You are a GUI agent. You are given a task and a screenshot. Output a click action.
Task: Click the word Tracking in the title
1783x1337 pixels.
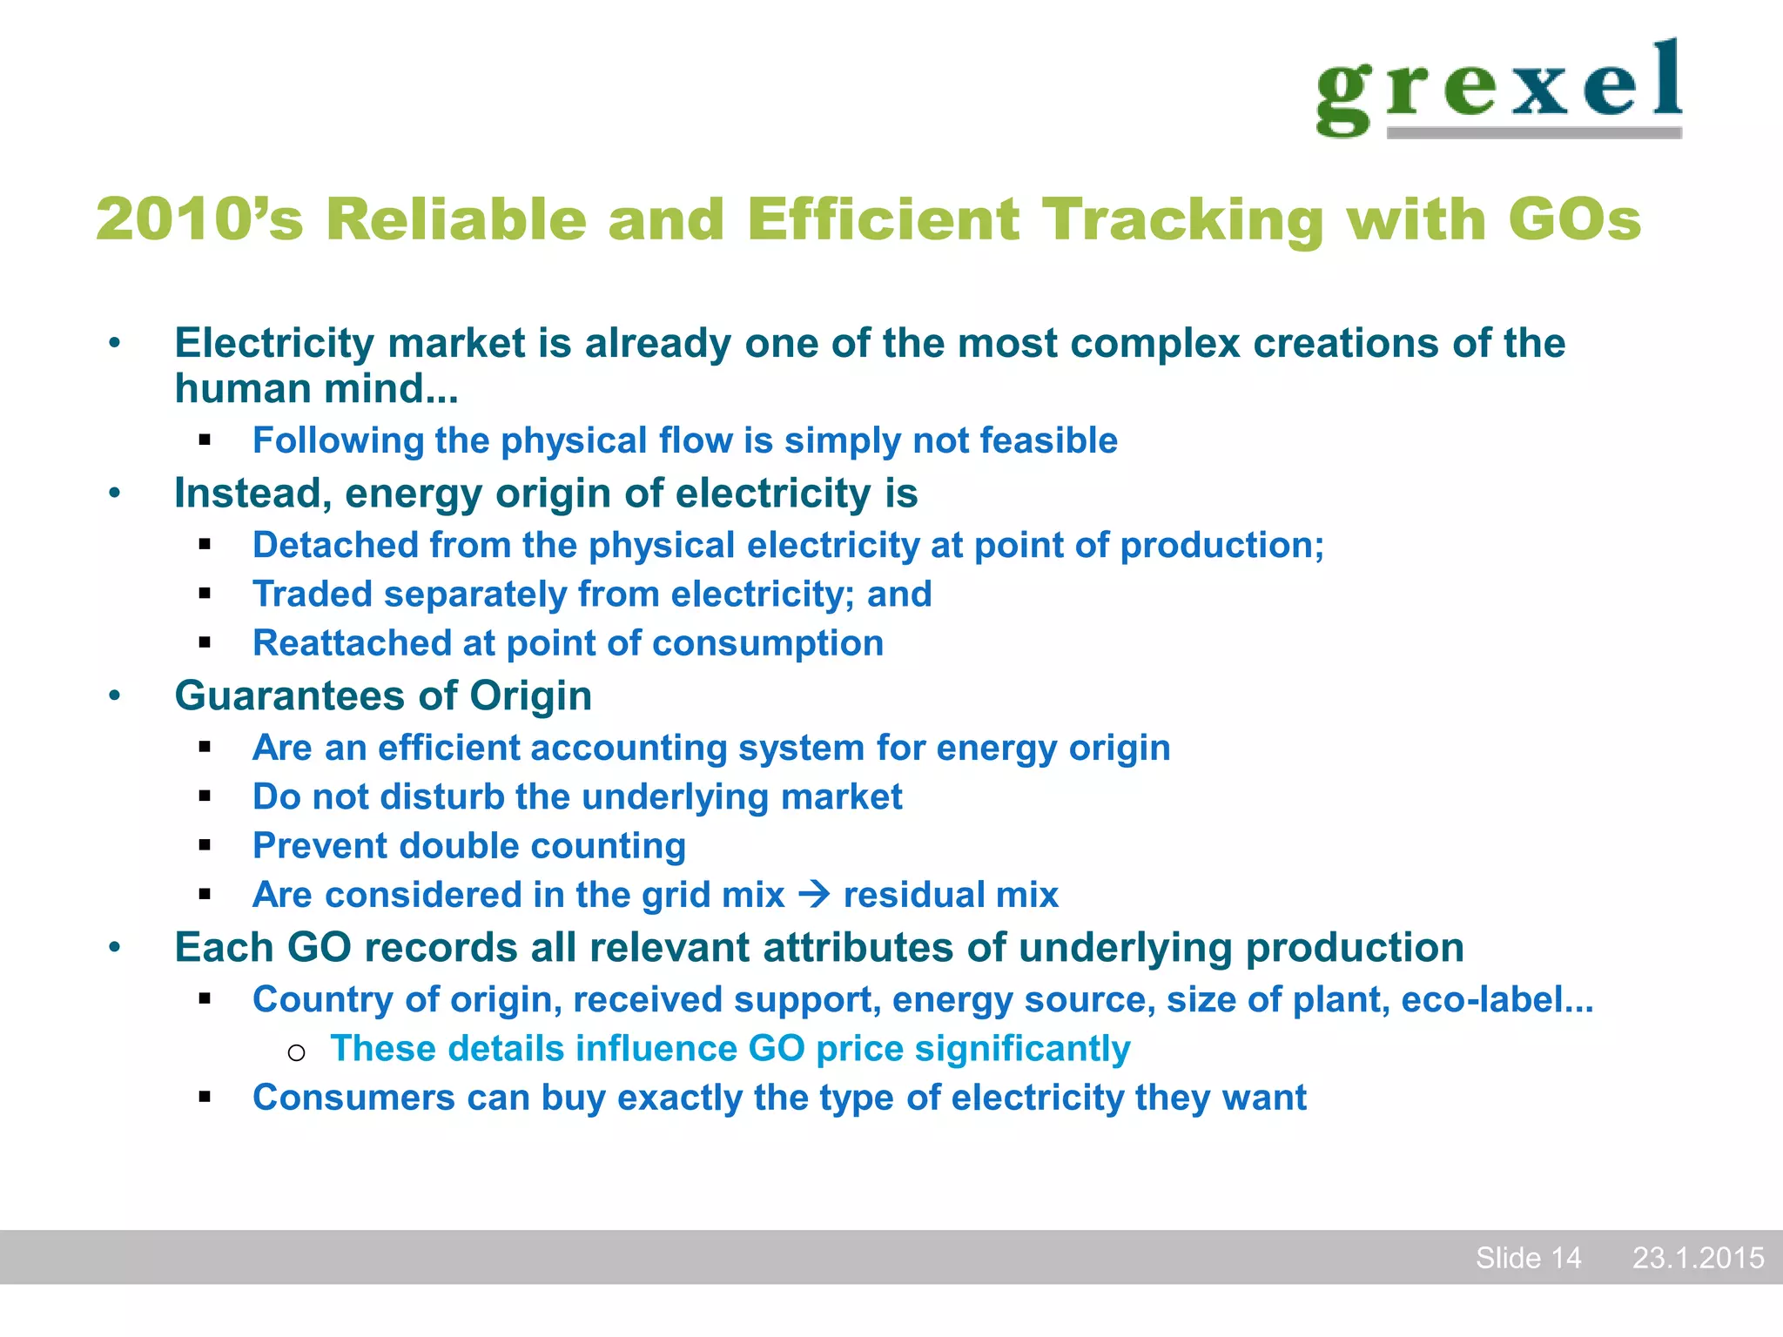pos(1184,219)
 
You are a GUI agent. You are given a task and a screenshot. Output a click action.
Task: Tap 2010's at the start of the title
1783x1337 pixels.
pos(199,219)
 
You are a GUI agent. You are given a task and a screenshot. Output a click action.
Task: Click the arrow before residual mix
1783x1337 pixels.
pos(814,894)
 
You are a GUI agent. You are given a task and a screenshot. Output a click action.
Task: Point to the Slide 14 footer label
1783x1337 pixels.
pos(1528,1258)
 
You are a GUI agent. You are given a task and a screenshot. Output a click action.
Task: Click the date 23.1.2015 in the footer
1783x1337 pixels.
pos(1698,1258)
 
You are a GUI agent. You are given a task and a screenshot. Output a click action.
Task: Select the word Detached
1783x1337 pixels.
pos(334,546)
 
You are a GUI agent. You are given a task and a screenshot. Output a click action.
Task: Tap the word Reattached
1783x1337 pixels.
pos(351,643)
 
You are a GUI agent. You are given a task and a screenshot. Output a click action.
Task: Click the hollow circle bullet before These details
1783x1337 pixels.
pos(296,1052)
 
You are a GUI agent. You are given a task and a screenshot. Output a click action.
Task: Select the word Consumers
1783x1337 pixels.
pos(353,1098)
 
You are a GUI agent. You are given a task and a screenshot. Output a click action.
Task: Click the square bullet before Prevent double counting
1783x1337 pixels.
pos(205,845)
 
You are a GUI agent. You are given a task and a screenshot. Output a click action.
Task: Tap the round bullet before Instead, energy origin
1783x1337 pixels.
pos(115,494)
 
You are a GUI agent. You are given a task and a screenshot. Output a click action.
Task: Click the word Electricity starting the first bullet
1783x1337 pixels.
pos(274,344)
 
